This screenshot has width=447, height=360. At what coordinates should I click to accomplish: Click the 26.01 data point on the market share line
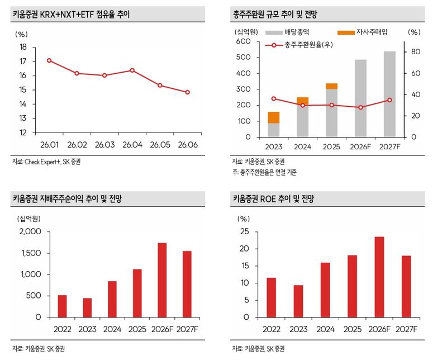[49, 60]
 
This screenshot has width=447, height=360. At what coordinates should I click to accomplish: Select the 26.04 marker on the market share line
[132, 70]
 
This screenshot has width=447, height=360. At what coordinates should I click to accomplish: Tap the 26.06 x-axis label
[188, 145]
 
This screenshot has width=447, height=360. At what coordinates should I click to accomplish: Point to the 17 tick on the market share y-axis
[23, 61]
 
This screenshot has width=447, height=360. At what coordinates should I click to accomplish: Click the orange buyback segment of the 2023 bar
[274, 117]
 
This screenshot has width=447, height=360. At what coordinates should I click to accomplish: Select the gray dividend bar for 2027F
[389, 94]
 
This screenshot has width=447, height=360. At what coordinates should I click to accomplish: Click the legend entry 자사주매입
[363, 32]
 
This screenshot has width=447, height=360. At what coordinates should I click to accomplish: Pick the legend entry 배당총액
[287, 32]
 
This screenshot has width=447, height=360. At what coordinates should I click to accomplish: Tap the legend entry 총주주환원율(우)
[299, 45]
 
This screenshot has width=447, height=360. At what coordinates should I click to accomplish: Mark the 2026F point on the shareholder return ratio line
[360, 107]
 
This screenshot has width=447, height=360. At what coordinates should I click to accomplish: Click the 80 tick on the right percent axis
[416, 51]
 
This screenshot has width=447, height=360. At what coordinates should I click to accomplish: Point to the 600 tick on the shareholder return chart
[243, 41]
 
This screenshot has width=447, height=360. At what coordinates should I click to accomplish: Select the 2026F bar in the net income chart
[162, 280]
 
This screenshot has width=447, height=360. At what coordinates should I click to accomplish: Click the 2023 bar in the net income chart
[87, 308]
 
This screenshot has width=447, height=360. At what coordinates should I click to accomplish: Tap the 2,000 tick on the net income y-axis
[30, 231]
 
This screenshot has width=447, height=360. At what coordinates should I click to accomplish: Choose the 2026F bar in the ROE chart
[379, 277]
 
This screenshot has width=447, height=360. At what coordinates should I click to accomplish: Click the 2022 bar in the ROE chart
[271, 297]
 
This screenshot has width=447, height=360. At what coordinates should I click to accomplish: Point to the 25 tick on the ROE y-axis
[245, 231]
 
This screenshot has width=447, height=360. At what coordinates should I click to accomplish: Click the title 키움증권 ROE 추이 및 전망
[273, 198]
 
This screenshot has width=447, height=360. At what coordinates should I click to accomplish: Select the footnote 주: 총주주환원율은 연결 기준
[264, 173]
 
